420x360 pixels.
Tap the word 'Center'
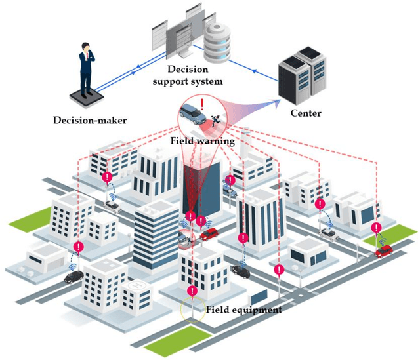[305, 113]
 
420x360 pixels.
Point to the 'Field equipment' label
[244, 310]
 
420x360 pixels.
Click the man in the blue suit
[86, 66]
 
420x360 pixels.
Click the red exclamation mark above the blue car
[203, 103]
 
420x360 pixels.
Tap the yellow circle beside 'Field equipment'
[192, 309]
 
